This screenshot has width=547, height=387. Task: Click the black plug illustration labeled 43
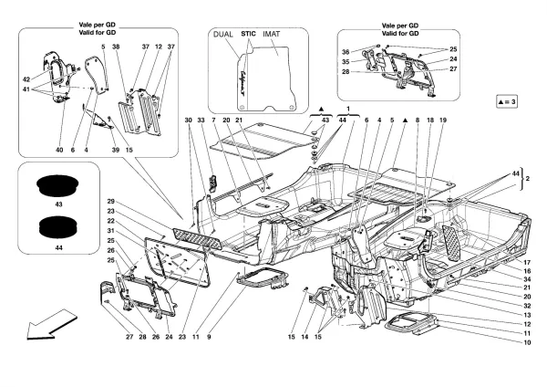57,185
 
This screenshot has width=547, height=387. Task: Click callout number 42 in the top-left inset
26,78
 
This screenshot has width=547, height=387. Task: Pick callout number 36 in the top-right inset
346,51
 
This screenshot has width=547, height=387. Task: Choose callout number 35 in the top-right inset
346,61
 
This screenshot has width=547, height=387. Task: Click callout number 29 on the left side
110,201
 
